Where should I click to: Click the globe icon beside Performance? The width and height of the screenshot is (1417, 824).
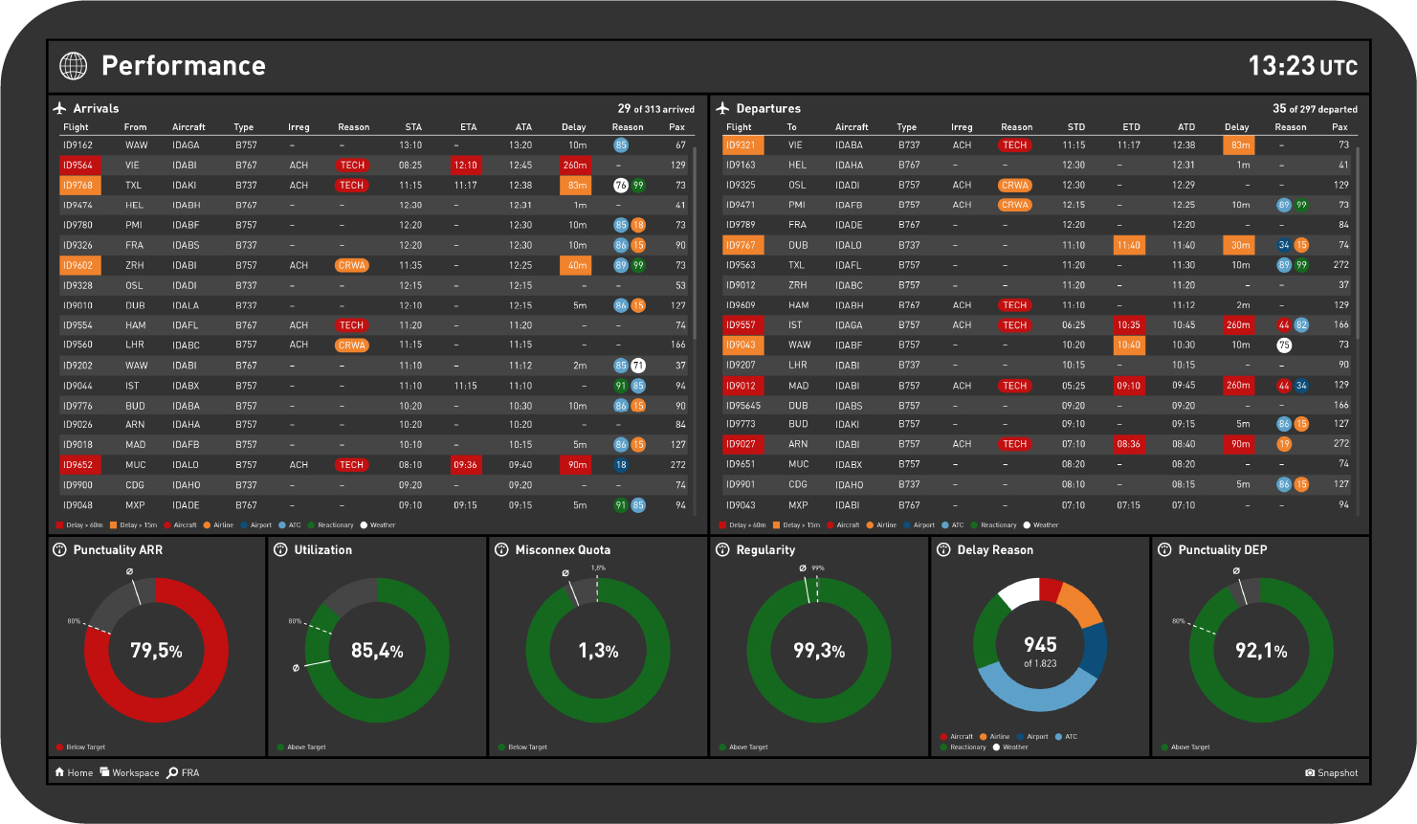click(74, 65)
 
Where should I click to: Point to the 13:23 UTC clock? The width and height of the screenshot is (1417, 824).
click(1302, 66)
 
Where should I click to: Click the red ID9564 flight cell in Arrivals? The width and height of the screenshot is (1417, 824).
click(77, 166)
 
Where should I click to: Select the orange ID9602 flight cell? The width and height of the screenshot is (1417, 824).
click(77, 265)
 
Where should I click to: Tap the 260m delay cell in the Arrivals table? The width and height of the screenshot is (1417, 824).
click(575, 166)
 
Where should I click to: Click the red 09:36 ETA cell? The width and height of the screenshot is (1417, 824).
click(465, 465)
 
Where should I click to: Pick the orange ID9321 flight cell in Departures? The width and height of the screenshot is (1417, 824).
click(741, 145)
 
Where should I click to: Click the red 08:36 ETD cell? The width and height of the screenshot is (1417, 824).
click(1129, 444)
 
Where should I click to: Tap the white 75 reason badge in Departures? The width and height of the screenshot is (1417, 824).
click(1284, 345)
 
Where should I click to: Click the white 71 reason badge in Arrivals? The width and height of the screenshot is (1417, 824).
click(638, 366)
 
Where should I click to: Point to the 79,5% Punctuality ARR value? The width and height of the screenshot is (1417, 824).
click(156, 651)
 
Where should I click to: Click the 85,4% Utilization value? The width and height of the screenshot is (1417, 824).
click(377, 651)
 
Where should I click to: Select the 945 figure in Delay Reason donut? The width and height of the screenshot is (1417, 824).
click(1040, 645)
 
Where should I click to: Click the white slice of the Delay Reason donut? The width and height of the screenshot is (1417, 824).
click(1019, 593)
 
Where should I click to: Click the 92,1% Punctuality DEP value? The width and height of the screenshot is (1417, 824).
click(1261, 651)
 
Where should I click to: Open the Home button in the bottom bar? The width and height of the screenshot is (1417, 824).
click(74, 773)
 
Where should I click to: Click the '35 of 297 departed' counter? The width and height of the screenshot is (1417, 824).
click(1315, 109)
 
